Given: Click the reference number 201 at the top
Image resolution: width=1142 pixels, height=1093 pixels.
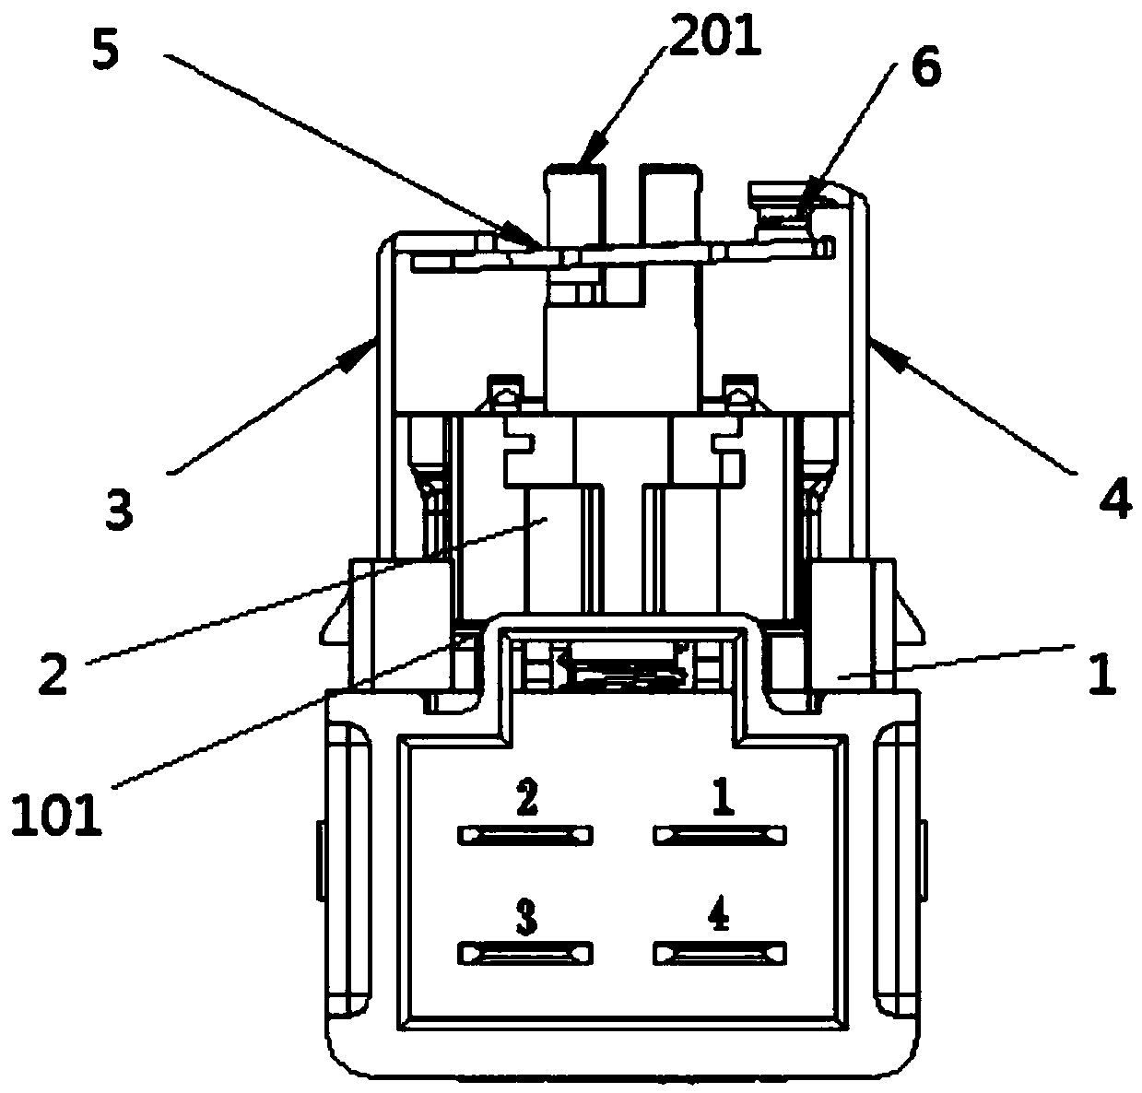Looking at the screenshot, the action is [x=714, y=36].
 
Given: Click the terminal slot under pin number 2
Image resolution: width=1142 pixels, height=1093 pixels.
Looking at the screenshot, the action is [x=524, y=835].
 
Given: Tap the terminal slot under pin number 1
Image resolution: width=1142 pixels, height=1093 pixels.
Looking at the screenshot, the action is [x=720, y=835].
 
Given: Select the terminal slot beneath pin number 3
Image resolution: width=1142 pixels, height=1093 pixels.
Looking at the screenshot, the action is [x=524, y=953].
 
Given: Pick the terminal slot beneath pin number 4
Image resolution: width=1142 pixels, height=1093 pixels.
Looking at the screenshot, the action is [x=720, y=953].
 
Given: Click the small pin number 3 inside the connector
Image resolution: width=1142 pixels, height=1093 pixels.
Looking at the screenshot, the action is [x=526, y=916].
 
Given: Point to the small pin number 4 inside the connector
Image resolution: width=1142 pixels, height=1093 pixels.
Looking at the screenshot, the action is [x=720, y=912].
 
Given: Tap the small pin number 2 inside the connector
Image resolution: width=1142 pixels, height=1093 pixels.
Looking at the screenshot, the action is [x=527, y=797].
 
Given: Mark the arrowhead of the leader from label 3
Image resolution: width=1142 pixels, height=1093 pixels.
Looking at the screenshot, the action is [x=357, y=356].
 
